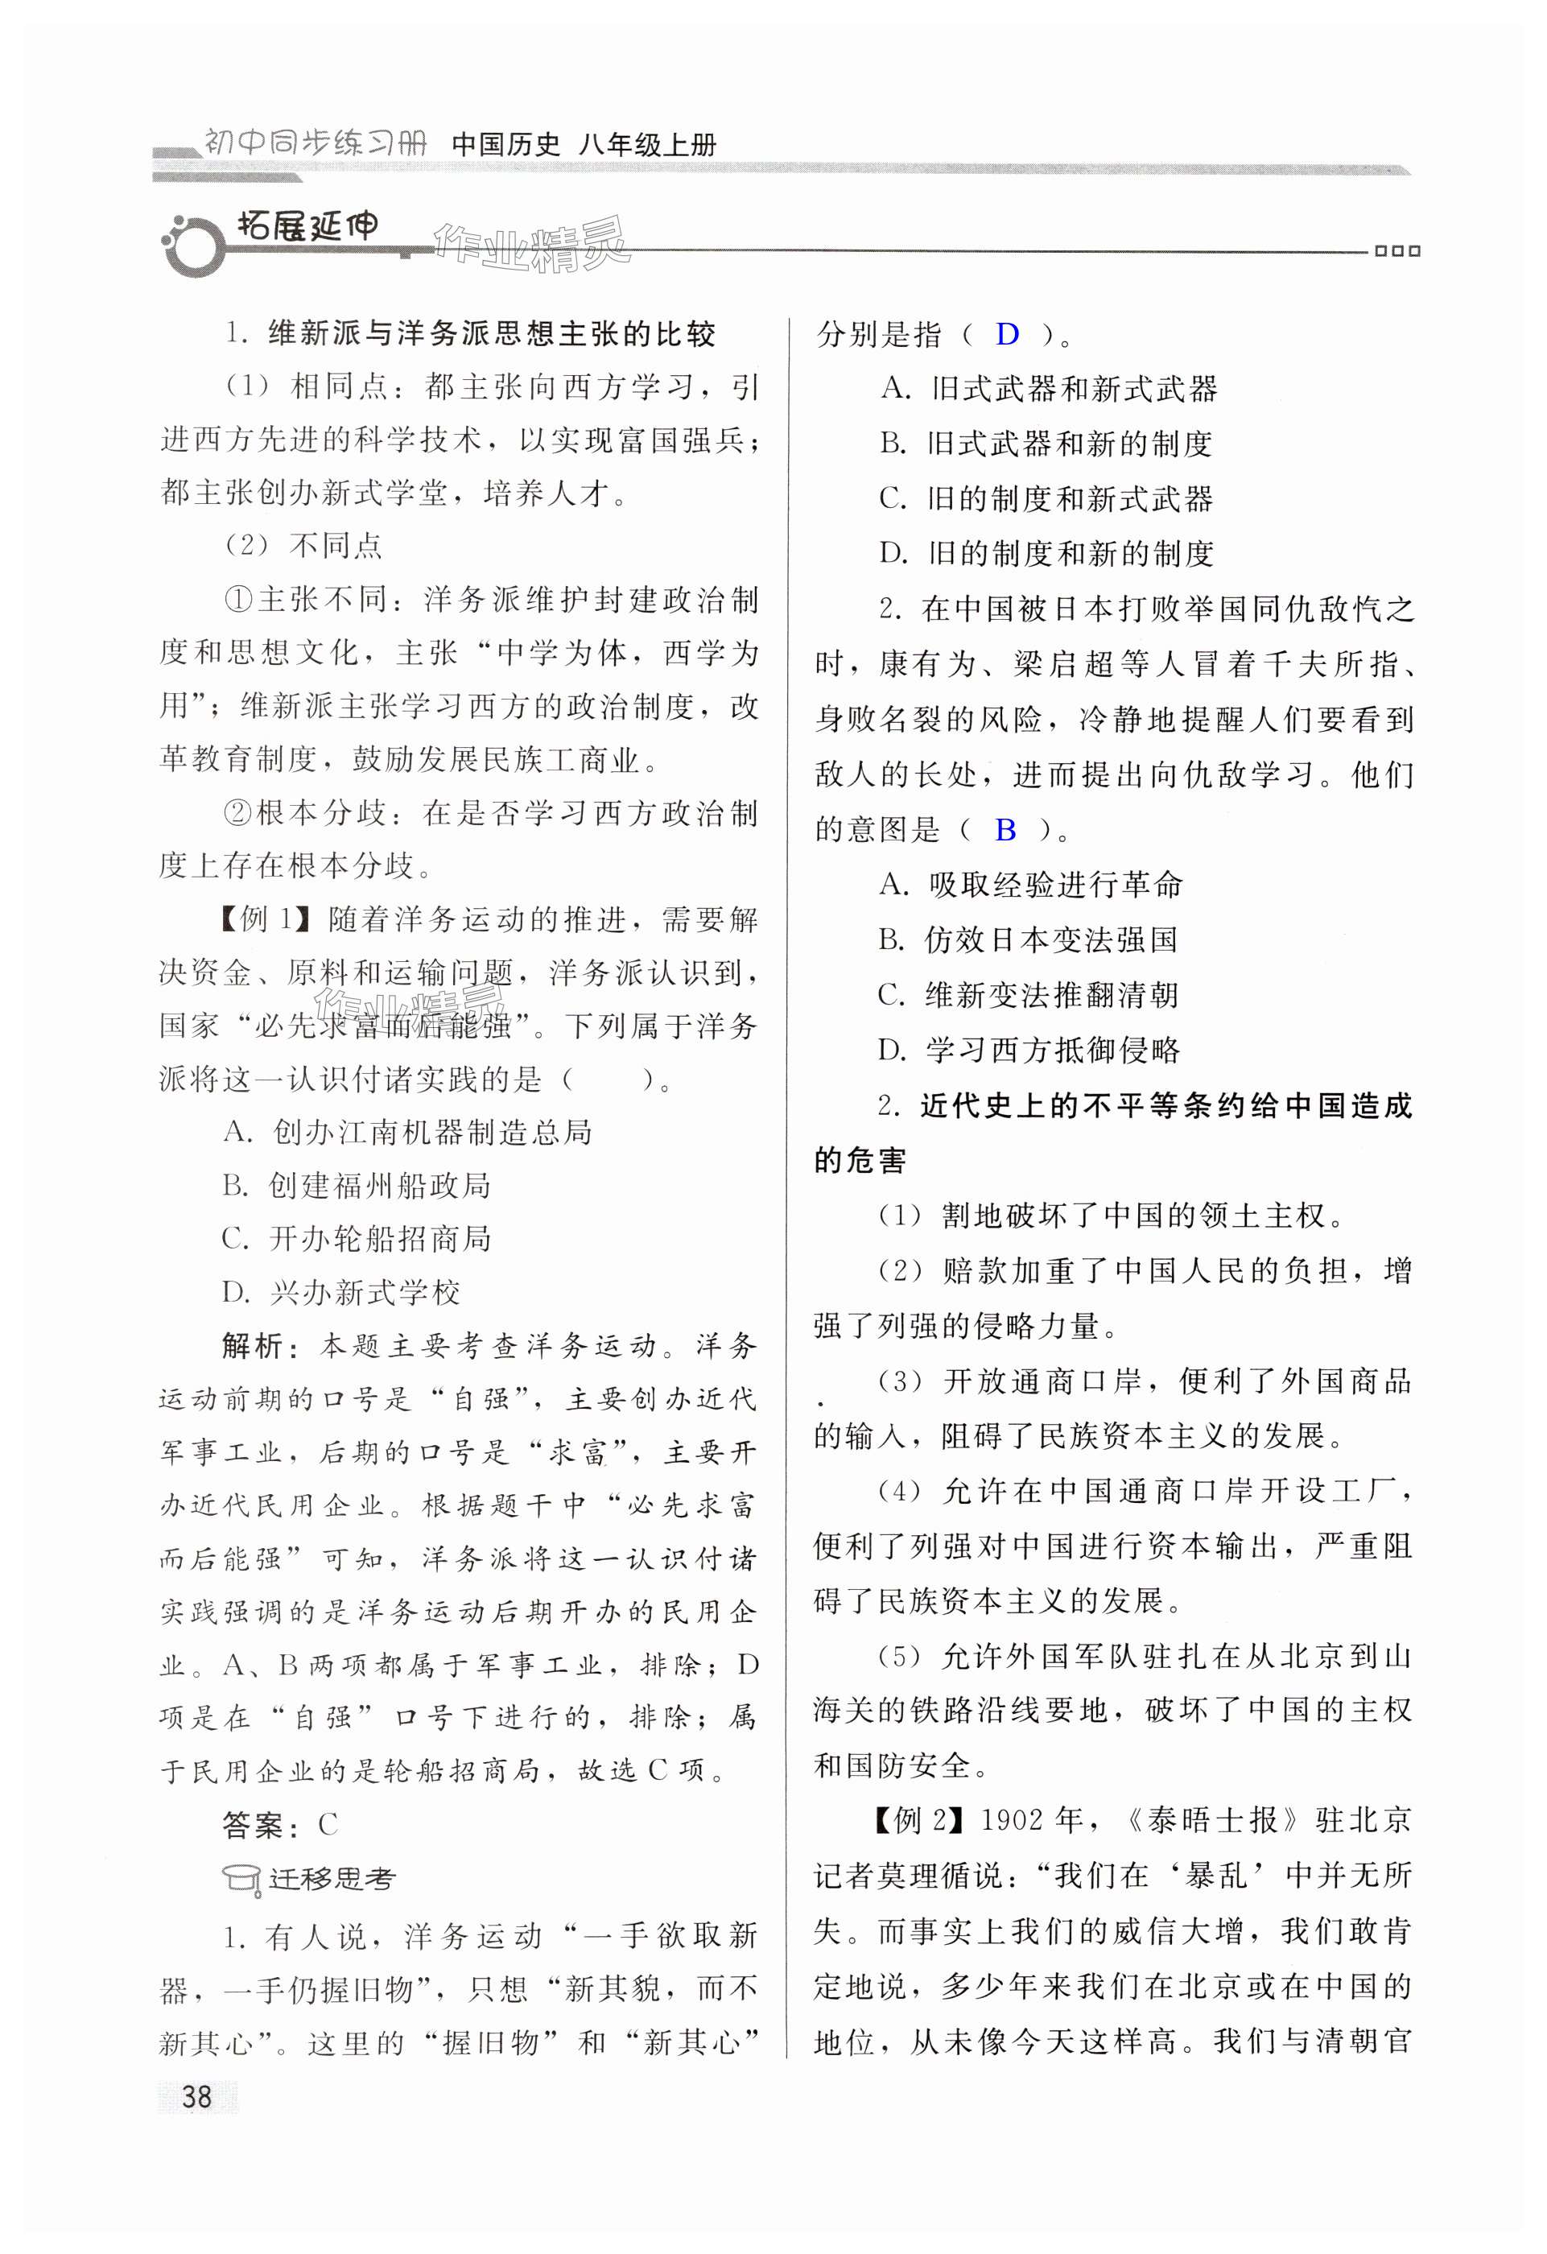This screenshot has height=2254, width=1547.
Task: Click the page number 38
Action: [x=197, y=2096]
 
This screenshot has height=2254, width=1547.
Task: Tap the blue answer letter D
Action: [x=1007, y=335]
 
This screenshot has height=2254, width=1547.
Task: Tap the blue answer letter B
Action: [x=1005, y=829]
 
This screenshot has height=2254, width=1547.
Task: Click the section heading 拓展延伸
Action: [x=307, y=227]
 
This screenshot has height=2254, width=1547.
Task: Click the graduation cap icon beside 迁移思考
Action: [x=241, y=1879]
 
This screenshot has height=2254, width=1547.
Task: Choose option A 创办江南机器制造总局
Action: [x=407, y=1132]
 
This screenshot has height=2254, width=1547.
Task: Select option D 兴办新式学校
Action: [x=341, y=1292]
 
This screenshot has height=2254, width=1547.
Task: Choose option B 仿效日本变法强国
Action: [x=1028, y=939]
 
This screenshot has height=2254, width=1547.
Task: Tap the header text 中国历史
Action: [x=506, y=145]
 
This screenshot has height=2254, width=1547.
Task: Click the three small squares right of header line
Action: [x=1396, y=250]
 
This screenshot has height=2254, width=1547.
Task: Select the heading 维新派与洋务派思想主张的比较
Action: [x=492, y=335]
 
